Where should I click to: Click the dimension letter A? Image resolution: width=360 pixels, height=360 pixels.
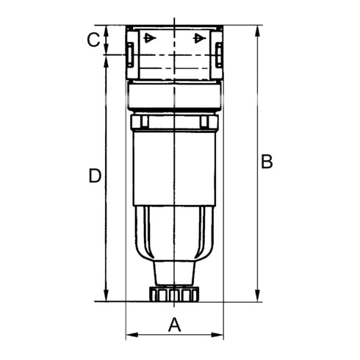tap(174, 323)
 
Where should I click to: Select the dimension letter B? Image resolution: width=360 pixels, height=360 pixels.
tap(267, 162)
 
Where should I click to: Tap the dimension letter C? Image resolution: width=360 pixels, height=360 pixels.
tap(93, 40)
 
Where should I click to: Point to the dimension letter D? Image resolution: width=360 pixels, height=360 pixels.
tap(94, 176)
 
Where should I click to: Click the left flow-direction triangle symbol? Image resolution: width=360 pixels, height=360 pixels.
tap(149, 37)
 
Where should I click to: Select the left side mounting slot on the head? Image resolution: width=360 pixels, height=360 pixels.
tap(129, 54)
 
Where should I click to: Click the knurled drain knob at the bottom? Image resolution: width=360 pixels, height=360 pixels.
tap(174, 294)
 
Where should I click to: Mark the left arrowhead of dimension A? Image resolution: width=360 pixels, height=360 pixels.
tap(130, 335)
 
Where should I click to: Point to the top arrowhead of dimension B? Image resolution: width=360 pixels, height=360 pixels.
tap(257, 31)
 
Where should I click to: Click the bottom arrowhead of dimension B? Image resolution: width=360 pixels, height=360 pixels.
tap(257, 296)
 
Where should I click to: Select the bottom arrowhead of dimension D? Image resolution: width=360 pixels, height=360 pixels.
tap(107, 296)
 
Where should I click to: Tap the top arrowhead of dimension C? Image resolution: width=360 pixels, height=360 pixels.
tap(107, 31)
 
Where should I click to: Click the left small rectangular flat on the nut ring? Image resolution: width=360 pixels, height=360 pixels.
tap(143, 121)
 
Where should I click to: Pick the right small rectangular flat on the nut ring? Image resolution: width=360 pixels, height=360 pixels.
tap(206, 121)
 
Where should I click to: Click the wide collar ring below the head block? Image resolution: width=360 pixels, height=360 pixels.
tap(174, 96)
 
